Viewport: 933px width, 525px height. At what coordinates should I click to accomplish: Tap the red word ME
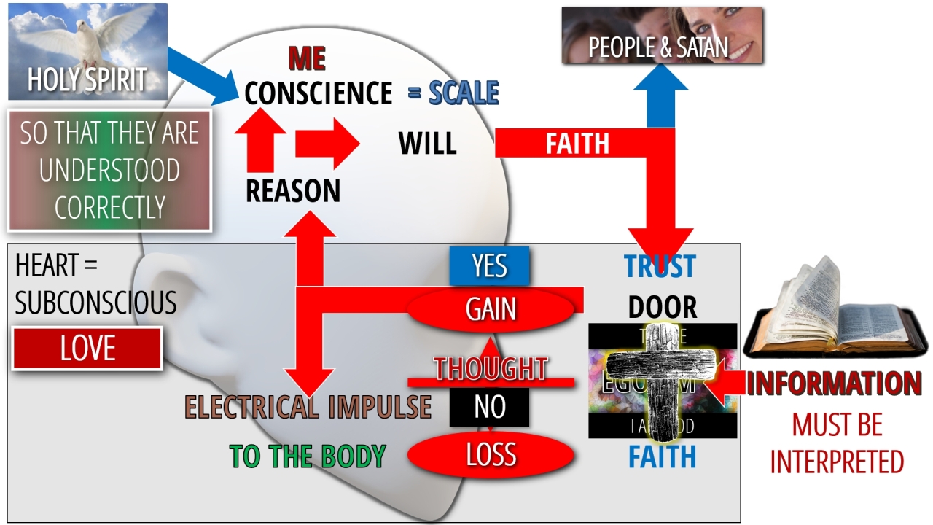click(x=307, y=58)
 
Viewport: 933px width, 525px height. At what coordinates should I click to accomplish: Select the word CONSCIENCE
click(x=319, y=93)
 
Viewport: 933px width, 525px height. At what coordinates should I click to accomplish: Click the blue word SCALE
click(x=464, y=93)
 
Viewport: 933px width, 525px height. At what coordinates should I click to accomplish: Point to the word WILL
click(x=427, y=144)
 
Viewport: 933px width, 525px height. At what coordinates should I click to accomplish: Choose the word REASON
click(x=293, y=191)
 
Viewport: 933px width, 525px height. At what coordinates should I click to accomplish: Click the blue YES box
click(x=489, y=266)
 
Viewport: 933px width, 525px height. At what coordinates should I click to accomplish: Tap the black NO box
click(x=489, y=407)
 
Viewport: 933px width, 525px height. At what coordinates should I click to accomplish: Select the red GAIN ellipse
click(x=491, y=310)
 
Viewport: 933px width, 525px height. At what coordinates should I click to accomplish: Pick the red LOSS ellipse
click(x=491, y=455)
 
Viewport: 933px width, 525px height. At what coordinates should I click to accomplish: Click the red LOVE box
click(x=87, y=349)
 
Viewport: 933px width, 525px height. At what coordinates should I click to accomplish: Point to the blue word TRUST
click(x=660, y=267)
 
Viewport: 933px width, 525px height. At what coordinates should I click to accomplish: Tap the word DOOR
click(x=662, y=308)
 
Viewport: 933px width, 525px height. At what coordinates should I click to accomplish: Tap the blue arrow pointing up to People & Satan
click(x=660, y=95)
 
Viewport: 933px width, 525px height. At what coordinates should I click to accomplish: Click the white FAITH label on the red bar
click(x=577, y=144)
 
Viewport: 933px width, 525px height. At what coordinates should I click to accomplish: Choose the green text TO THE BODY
click(x=308, y=456)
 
